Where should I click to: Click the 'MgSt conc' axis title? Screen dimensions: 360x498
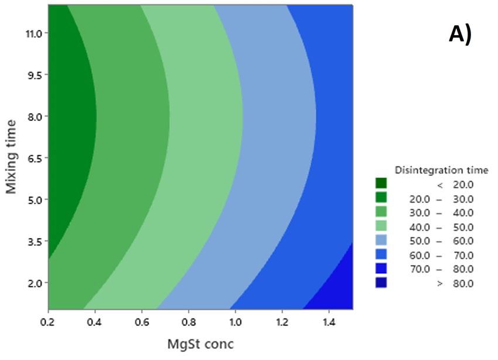[200, 343]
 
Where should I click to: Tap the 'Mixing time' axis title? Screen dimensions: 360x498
[11, 156]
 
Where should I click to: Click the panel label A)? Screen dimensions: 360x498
[460, 35]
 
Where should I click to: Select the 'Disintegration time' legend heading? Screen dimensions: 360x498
[441, 171]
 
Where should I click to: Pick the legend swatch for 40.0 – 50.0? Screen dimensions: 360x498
[381, 227]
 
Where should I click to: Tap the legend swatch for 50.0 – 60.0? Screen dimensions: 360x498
[381, 241]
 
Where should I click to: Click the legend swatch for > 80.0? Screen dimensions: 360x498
[381, 283]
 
